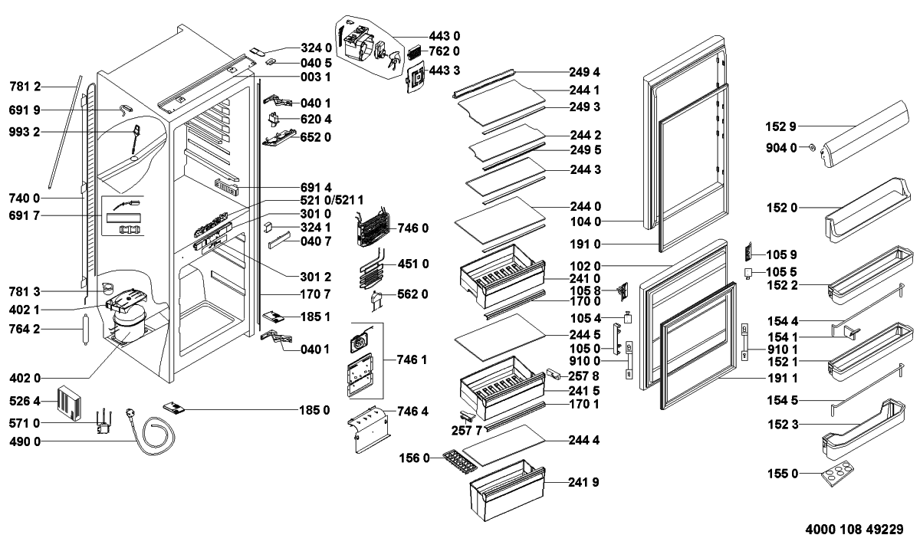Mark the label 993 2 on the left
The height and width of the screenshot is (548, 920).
tap(25, 133)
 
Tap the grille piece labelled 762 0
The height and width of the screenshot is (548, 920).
tap(415, 53)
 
